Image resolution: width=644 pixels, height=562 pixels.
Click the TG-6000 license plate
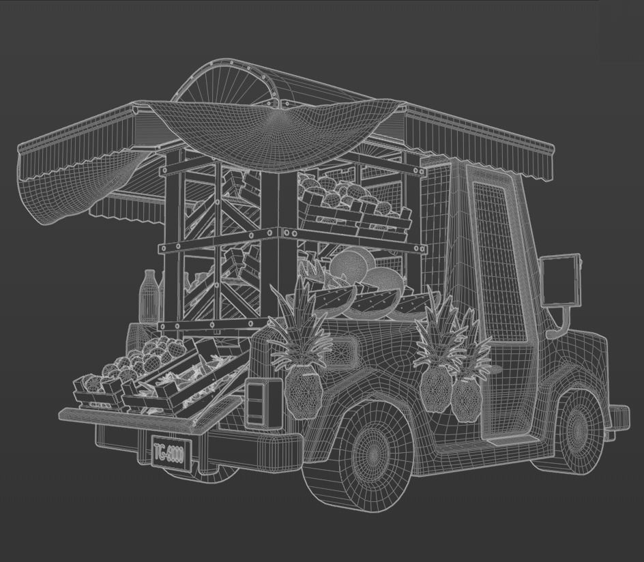click(168, 453)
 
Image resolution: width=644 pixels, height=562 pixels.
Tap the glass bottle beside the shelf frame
click(149, 295)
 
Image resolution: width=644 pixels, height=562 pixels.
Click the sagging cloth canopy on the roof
click(273, 133)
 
